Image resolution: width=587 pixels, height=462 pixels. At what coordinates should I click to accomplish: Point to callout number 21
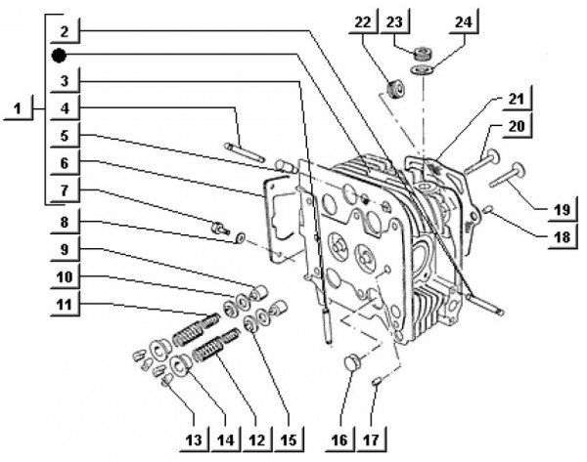coord(516,100)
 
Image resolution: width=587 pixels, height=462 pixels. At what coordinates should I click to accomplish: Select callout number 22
coord(364,20)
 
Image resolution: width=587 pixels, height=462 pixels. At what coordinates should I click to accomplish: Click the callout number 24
coord(462,20)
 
